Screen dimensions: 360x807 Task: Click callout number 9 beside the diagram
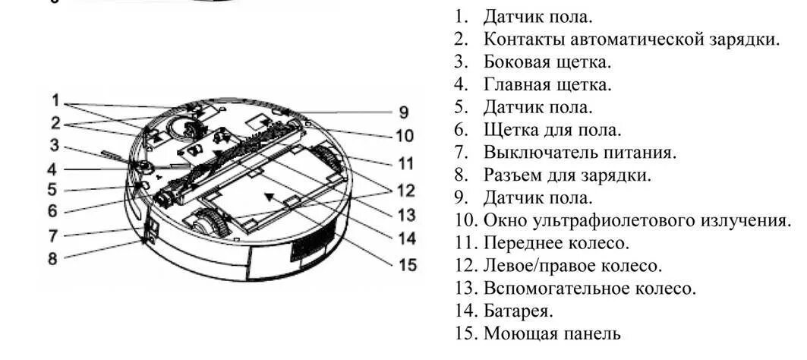pyautogui.click(x=403, y=112)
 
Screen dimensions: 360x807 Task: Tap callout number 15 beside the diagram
pyautogui.click(x=408, y=265)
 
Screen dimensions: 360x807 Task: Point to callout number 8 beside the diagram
pyautogui.click(x=52, y=258)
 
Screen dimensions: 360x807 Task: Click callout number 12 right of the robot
pyautogui.click(x=407, y=189)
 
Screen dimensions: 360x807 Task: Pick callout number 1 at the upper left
pyautogui.click(x=55, y=99)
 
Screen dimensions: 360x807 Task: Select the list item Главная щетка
pyautogui.click(x=547, y=84)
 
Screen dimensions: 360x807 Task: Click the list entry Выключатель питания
pyautogui.click(x=579, y=152)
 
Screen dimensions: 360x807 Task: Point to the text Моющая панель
pyautogui.click(x=552, y=333)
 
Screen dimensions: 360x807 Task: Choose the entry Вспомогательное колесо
pyautogui.click(x=588, y=288)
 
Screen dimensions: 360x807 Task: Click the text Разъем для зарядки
pyautogui.click(x=567, y=175)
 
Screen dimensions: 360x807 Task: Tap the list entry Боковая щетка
pyautogui.click(x=547, y=61)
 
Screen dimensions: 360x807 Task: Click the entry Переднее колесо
pyautogui.click(x=556, y=243)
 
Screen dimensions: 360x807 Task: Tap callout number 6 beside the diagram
pyautogui.click(x=52, y=210)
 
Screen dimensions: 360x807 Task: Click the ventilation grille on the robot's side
pyautogui.click(x=307, y=251)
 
